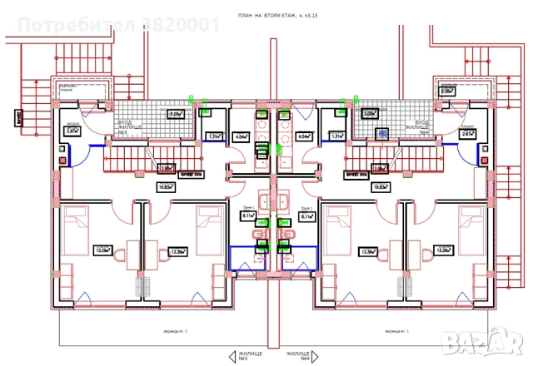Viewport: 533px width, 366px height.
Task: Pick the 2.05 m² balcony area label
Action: (447, 91)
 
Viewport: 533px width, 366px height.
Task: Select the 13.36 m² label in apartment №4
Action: (367, 251)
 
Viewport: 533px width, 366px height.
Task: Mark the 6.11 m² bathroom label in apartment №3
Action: (247, 215)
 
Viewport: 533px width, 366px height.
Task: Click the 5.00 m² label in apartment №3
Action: (176, 115)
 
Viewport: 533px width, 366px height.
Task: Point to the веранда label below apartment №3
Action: (151, 330)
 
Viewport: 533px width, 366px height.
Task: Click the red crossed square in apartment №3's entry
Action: (62, 160)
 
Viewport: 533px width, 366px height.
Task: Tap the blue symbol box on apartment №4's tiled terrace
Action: (383, 133)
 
